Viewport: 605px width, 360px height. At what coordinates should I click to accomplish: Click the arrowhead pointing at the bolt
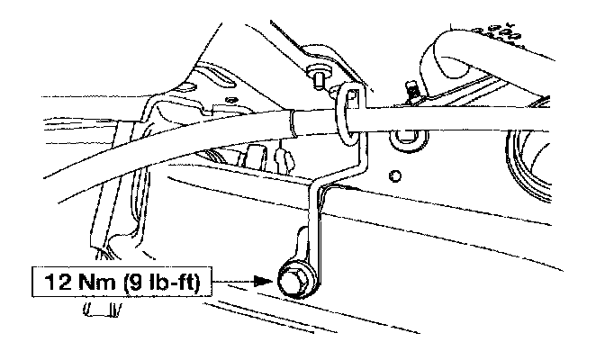[263, 280]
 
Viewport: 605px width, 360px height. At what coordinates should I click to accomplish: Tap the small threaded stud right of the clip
[411, 90]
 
